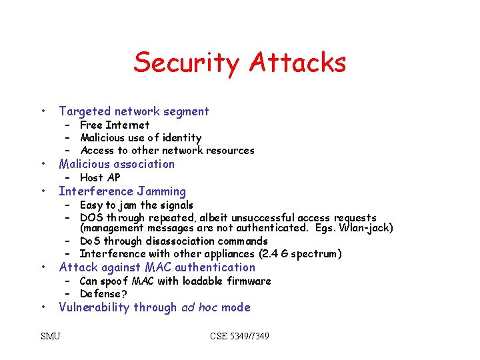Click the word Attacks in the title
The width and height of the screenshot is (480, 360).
pos(297,63)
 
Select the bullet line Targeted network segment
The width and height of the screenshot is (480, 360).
pos(133,111)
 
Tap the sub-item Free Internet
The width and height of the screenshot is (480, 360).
pos(114,125)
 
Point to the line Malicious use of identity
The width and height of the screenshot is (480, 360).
pos(140,137)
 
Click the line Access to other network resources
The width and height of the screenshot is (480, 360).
pos(167,150)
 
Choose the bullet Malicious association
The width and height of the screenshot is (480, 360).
pos(117,164)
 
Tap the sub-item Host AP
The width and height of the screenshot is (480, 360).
pos(100,177)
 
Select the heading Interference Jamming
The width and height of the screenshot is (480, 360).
pos(123,191)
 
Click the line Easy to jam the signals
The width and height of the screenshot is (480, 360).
pos(136,205)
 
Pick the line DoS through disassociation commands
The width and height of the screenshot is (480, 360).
pos(173,241)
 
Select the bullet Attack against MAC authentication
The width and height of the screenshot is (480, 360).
pos(157,267)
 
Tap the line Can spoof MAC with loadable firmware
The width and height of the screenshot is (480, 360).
pos(175,281)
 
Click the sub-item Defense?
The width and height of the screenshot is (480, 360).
pos(103,293)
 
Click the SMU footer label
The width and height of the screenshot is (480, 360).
pos(50,336)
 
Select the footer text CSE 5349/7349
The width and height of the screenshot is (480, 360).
pos(239,336)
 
